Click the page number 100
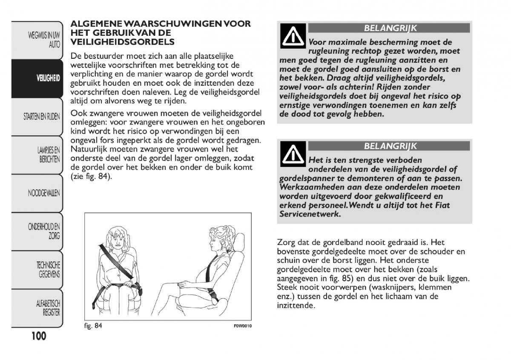[x=38, y=336]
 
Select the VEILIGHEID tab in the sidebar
[x=48, y=78]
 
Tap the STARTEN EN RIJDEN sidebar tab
[x=42, y=117]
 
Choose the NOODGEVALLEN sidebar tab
[x=44, y=193]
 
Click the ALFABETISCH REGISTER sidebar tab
[x=48, y=308]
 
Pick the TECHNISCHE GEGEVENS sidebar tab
[x=48, y=270]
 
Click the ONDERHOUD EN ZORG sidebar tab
[x=44, y=231]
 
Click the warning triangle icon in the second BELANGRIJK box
[x=292, y=155]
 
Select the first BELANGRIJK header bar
[x=389, y=29]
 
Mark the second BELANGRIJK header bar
[x=389, y=146]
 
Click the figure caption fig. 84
[x=93, y=326]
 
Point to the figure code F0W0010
[x=243, y=326]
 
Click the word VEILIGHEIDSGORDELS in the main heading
[x=123, y=42]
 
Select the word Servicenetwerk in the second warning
[x=310, y=214]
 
